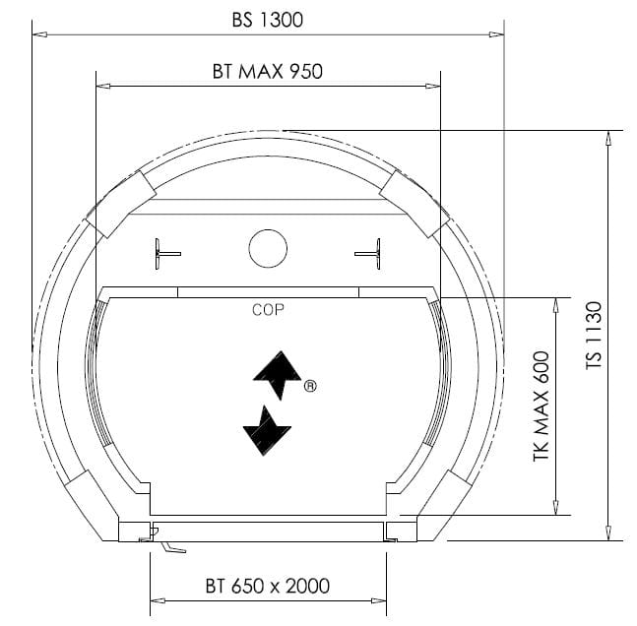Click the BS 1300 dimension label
click(x=267, y=20)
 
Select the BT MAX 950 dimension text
click(x=267, y=71)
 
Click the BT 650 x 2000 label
click(x=267, y=587)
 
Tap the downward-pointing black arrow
click(x=266, y=431)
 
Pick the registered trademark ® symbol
click(x=310, y=386)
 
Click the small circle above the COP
click(x=268, y=248)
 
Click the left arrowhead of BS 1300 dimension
click(x=38, y=33)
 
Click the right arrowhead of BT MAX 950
click(x=433, y=86)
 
